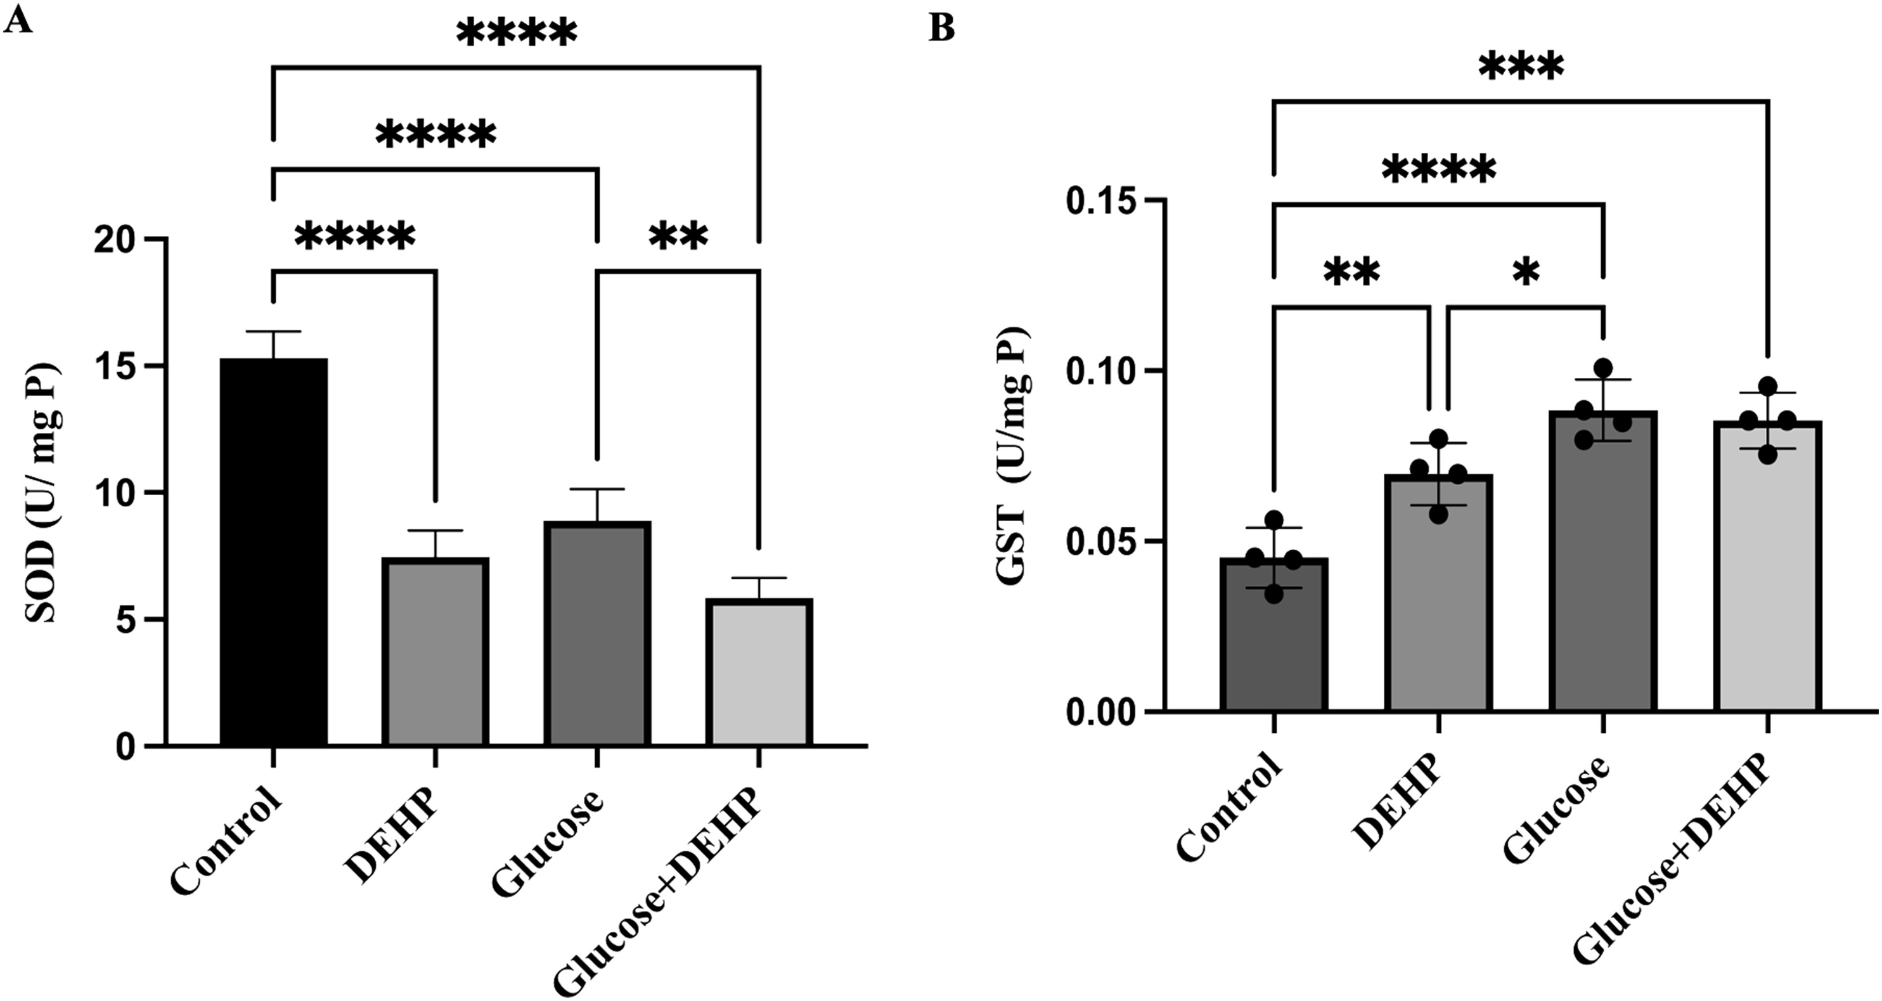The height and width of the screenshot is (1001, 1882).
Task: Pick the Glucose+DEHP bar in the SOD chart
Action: [x=759, y=671]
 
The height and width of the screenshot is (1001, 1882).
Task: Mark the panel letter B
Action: [x=943, y=29]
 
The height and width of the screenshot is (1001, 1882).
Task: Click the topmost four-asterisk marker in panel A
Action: [x=517, y=34]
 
